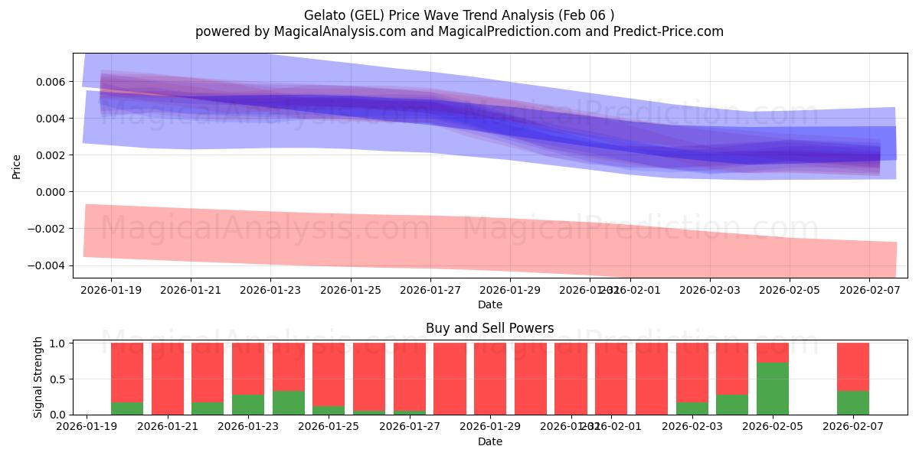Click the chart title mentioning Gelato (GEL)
click(x=459, y=15)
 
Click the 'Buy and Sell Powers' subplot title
click(x=489, y=328)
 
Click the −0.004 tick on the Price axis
click(x=47, y=265)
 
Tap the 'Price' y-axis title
click(x=17, y=166)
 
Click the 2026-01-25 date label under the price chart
click(x=351, y=291)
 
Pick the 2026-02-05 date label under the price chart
click(x=790, y=291)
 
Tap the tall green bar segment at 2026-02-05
click(x=772, y=389)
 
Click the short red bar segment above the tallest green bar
click(x=772, y=353)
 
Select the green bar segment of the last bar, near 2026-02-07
click(x=852, y=403)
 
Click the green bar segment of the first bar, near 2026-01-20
click(x=127, y=409)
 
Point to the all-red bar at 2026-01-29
click(x=490, y=379)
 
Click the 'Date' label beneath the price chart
click(x=489, y=304)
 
